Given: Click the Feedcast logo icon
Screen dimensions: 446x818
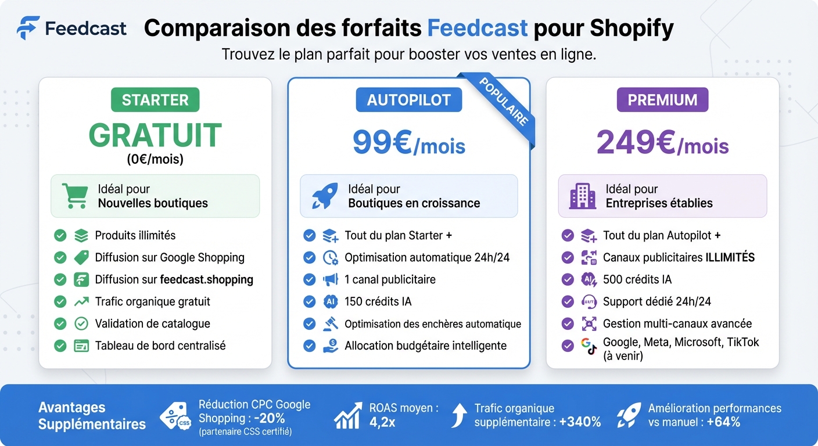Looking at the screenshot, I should pos(28,27).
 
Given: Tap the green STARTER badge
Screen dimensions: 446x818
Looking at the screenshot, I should pos(155,100).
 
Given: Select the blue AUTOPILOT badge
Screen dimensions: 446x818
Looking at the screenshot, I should pos(408,100).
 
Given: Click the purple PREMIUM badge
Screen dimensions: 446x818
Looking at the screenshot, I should pos(662,100).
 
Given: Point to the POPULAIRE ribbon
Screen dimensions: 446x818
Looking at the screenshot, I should pos(504,101).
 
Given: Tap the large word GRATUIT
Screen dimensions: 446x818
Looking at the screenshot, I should pos(155,135).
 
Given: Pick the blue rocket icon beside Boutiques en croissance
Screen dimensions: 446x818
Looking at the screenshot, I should pos(325,196).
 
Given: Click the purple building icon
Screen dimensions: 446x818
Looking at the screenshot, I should pos(582,196).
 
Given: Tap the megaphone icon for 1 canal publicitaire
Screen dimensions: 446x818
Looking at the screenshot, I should pos(330,279).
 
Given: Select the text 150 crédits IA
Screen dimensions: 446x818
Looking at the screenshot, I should pos(378,301).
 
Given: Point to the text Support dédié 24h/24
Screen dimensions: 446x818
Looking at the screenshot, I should pos(656,301).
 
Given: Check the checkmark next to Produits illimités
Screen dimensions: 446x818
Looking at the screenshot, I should pos(60,235).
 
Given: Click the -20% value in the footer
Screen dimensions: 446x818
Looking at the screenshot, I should pos(270,418).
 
